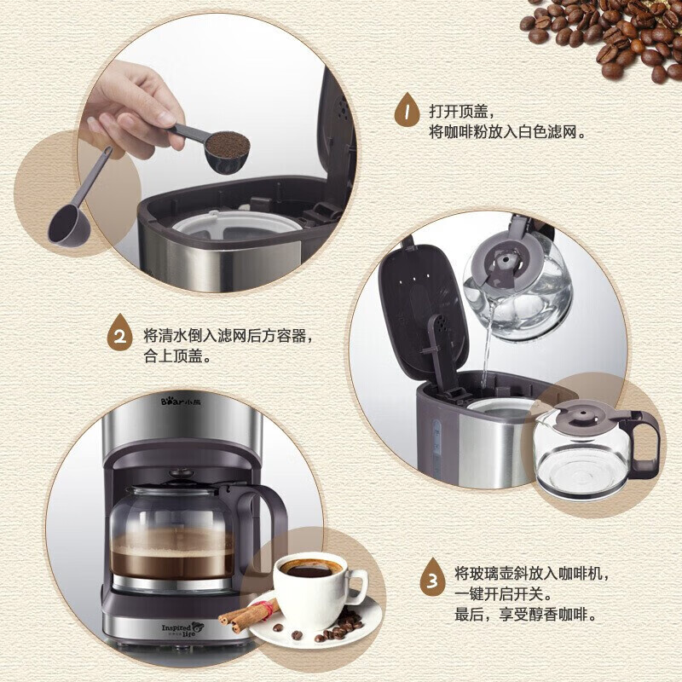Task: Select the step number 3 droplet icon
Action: (x=434, y=581)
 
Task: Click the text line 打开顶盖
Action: (x=461, y=111)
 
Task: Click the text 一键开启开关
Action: (x=503, y=593)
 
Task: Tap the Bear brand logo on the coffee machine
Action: (x=180, y=398)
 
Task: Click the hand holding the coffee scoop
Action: (x=128, y=111)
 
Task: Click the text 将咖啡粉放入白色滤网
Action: (x=510, y=133)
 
